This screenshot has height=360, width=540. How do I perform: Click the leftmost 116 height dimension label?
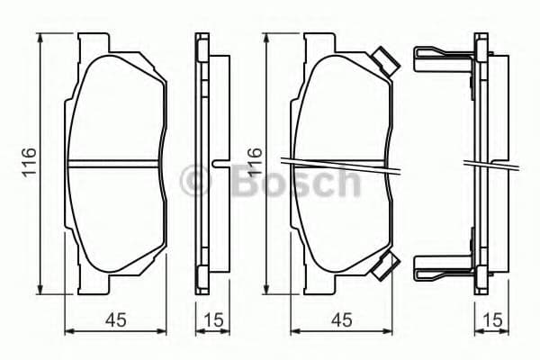29,162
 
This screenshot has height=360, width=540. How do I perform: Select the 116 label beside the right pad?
255,162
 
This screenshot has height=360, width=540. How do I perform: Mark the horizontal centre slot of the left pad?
115,164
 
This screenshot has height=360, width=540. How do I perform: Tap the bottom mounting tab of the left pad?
94,284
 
